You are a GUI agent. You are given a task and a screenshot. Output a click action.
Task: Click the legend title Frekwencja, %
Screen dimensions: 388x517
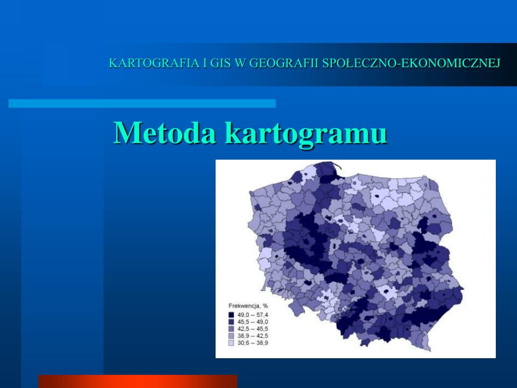coord(248,306)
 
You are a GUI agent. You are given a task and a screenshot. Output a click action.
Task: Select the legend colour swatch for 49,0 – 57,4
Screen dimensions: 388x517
coord(231,315)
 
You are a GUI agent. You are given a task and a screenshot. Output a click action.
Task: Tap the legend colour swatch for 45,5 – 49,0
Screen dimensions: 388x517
coord(231,322)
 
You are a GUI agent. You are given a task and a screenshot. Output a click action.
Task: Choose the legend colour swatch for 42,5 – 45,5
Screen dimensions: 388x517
coord(231,328)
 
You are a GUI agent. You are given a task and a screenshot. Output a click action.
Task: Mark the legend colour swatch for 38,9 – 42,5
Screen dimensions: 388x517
coord(231,335)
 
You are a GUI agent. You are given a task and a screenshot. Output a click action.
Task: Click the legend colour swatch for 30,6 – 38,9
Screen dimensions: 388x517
coord(231,343)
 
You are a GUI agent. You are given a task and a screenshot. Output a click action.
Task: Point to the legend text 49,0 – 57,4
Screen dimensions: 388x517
coord(253,315)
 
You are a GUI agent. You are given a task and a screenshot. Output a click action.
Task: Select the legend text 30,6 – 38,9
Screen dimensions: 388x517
coord(253,343)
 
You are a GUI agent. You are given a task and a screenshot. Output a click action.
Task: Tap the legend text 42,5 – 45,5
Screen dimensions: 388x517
coord(253,328)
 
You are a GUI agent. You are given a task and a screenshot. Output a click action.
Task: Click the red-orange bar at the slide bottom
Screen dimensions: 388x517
coord(137,381)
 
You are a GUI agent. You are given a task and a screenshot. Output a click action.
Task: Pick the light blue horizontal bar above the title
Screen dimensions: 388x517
coord(142,104)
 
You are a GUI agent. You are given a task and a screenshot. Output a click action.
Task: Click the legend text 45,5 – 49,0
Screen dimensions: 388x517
coord(253,322)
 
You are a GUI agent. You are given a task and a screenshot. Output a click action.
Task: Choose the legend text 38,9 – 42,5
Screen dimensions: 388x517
coord(253,335)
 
